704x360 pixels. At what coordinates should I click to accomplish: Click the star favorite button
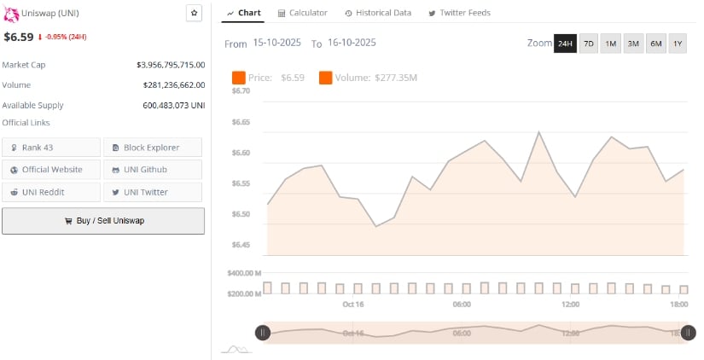click(x=195, y=13)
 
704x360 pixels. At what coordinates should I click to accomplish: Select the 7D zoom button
click(x=589, y=44)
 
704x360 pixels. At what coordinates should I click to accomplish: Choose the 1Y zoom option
click(x=678, y=44)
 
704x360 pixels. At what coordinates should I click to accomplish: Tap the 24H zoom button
click(x=565, y=44)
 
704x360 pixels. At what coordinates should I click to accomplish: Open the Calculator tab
click(x=303, y=13)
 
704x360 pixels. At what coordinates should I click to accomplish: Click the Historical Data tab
click(x=378, y=13)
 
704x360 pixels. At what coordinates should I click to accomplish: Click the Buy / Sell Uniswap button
click(x=103, y=220)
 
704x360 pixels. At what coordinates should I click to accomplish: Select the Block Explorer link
click(x=153, y=148)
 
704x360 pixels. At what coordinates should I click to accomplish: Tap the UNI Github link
click(x=153, y=170)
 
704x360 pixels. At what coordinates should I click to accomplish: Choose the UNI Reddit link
click(x=51, y=192)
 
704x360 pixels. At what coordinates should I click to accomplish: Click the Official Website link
click(x=51, y=170)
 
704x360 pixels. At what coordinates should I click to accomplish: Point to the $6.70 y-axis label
click(x=241, y=90)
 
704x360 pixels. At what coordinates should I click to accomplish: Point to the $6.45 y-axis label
click(x=241, y=245)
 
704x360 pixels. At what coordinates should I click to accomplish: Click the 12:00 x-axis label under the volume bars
click(x=571, y=305)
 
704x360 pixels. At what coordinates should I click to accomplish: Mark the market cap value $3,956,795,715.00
click(x=171, y=65)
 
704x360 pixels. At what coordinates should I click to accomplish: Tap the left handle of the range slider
click(x=263, y=333)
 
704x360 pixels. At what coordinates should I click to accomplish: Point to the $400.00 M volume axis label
click(x=244, y=273)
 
